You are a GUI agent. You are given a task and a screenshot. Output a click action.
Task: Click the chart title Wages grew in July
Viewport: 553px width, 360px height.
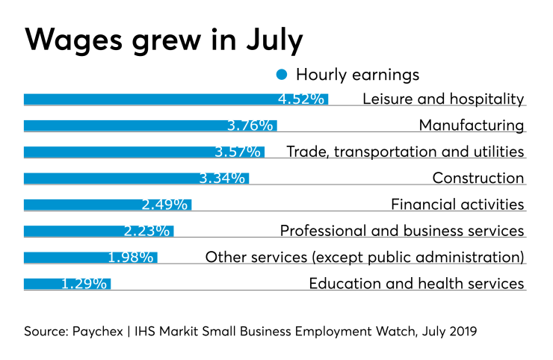164,39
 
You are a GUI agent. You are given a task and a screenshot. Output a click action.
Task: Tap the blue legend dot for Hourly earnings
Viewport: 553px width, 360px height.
282,75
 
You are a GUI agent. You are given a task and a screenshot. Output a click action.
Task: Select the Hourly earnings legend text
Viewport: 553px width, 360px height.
357,75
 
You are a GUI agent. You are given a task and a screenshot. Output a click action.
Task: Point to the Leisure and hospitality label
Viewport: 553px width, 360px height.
443,99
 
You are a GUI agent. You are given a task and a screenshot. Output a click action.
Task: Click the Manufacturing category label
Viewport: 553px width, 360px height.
471,125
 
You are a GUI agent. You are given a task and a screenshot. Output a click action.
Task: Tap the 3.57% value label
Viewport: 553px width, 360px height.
238,152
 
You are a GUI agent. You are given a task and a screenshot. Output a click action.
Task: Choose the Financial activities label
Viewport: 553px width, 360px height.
457,205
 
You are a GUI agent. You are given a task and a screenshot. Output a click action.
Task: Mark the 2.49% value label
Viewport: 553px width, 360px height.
165,205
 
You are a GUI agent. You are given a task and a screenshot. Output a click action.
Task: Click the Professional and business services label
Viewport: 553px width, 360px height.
401,232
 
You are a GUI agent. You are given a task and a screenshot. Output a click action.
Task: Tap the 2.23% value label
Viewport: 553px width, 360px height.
148,232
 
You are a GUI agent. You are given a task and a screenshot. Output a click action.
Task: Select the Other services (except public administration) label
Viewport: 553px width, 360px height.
365,258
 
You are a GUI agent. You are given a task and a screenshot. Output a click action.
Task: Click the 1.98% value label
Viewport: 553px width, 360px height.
131,258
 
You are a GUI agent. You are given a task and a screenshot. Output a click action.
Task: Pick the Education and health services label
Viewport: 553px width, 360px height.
416,284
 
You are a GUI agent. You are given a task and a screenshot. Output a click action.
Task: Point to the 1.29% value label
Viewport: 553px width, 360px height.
85,284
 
